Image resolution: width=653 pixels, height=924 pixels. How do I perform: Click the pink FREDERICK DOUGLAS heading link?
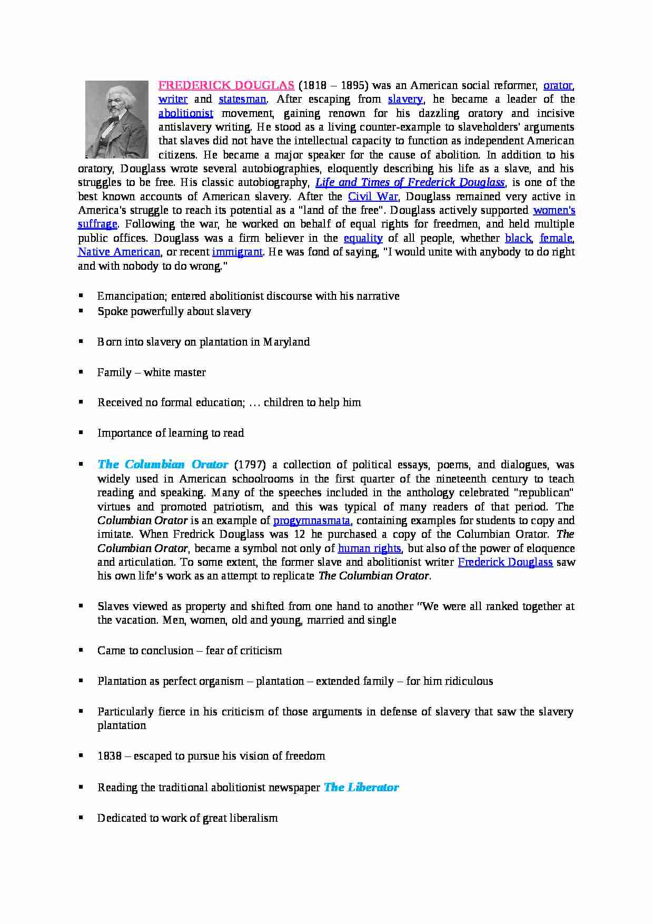point(226,85)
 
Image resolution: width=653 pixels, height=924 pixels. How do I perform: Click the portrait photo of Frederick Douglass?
point(117,120)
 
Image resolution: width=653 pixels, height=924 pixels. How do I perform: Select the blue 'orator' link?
point(558,85)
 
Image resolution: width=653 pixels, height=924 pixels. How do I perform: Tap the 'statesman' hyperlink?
point(242,99)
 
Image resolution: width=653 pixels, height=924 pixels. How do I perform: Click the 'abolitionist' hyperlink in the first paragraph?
point(186,113)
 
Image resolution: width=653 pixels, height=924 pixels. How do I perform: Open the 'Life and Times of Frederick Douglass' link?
point(410,182)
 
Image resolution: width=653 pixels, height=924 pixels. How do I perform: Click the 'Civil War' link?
point(373,196)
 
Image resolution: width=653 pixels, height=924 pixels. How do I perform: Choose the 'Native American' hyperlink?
point(119,252)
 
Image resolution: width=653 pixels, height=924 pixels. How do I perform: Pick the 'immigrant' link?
point(237,252)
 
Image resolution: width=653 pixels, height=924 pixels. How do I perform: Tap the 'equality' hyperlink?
point(363,238)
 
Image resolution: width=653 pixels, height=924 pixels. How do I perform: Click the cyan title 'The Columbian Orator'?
point(163,465)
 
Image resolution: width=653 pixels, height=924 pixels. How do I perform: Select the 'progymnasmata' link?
point(312,520)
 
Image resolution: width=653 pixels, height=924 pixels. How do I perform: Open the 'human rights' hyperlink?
point(369,548)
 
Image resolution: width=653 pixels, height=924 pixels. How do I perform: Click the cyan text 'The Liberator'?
point(361,788)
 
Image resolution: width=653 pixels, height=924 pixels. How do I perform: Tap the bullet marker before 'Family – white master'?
point(81,372)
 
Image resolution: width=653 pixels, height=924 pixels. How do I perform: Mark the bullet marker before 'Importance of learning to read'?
point(81,432)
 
